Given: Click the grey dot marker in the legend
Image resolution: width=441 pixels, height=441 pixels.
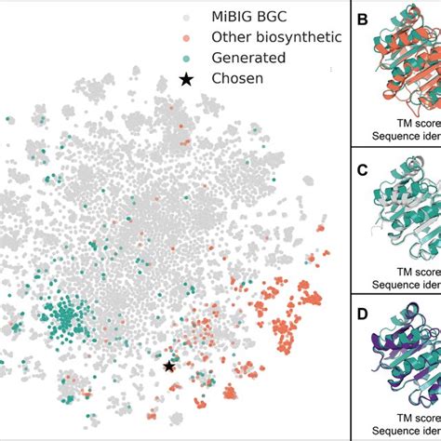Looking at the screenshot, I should (186, 17).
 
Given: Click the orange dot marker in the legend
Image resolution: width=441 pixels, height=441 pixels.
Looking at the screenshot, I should (186, 37).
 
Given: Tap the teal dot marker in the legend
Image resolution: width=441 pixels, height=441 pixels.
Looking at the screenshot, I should (186, 58).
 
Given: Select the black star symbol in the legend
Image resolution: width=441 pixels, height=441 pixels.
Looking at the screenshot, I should (186, 79).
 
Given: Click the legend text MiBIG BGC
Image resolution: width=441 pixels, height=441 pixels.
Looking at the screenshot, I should (252, 17).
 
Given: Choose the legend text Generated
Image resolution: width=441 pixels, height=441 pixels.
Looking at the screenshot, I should (247, 58).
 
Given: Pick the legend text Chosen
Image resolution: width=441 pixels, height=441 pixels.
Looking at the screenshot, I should (237, 79).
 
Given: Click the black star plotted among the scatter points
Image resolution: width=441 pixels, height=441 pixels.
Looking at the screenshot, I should (169, 367).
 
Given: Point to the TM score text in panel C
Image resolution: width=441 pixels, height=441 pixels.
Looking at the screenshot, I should (410, 267).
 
